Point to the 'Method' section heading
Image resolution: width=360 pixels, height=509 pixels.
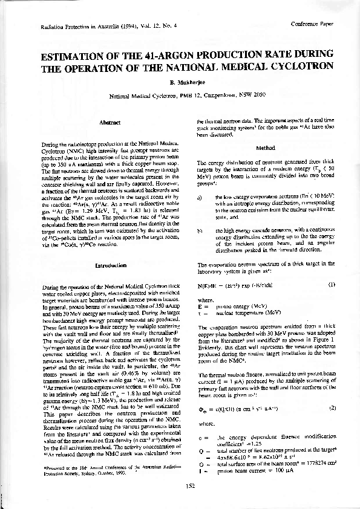coord(265,147)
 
